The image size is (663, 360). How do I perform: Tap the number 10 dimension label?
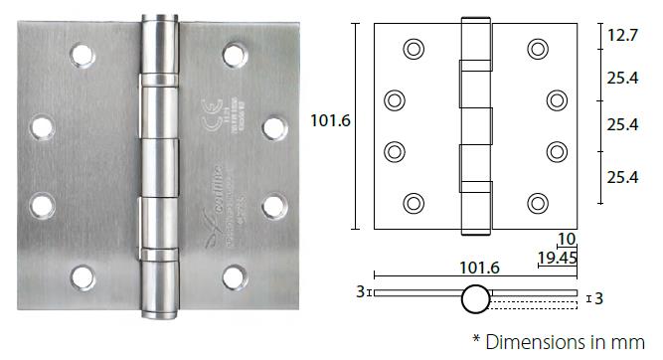point(567,240)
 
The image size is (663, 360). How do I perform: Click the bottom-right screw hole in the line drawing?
point(538,203)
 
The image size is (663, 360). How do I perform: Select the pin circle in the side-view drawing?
point(474,295)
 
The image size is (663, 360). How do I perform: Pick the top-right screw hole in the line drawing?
point(538,48)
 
